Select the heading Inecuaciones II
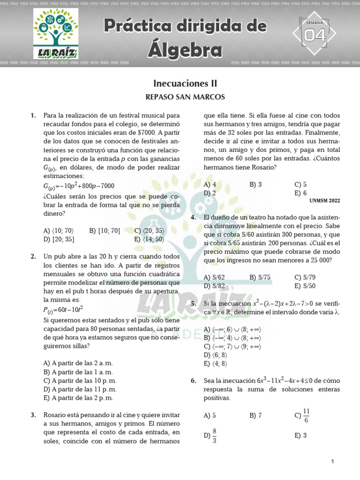(x=185, y=83)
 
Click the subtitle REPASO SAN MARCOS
(x=185, y=97)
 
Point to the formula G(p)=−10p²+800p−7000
(x=78, y=186)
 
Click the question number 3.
(x=33, y=415)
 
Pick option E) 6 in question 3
(x=300, y=193)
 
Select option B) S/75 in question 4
(x=260, y=277)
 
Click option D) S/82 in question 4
(x=214, y=286)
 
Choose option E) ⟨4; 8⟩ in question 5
(x=216, y=363)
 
